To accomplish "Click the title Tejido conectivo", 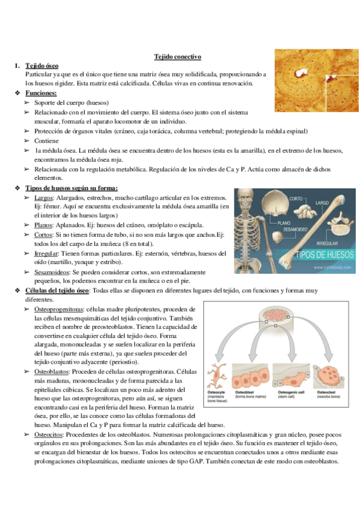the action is point(177,56).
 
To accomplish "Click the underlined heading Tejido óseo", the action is point(42,65).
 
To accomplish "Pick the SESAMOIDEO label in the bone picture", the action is point(289,230).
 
